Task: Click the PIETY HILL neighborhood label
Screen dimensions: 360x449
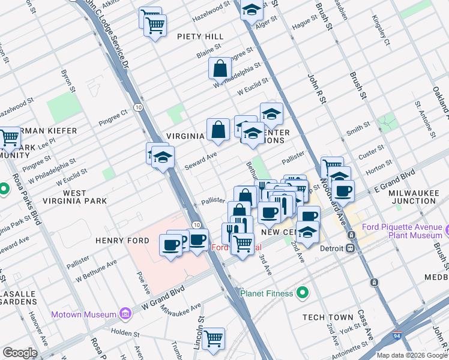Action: coord(200,37)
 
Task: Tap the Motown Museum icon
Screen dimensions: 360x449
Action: coord(125,314)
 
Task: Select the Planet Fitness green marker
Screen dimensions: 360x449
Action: coord(303,293)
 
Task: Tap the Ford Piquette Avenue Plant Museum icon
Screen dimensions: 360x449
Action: coord(447,229)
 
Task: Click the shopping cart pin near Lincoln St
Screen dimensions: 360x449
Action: coord(213,338)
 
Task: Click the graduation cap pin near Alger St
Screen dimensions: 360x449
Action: coord(252,10)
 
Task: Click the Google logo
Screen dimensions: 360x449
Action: coord(20,352)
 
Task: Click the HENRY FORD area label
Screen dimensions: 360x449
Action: coord(118,240)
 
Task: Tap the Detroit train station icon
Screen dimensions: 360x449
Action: coord(351,248)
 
